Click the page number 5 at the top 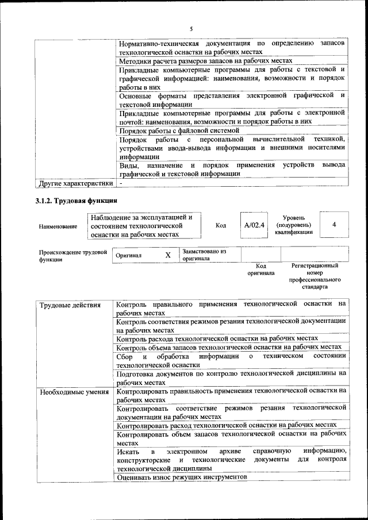pos(191,29)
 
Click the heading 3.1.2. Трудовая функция pos(73,201)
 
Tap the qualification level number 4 pos(334,225)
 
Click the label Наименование pos(58,226)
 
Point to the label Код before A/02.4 pos(220,225)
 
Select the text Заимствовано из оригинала pos(204,255)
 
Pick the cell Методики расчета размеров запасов pos(206,61)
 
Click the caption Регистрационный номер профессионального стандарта pos(315,276)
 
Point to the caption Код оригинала pos(261,269)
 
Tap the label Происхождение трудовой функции pos(73,255)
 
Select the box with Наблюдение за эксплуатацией pos(144,226)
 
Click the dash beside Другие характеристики pos(121,183)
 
